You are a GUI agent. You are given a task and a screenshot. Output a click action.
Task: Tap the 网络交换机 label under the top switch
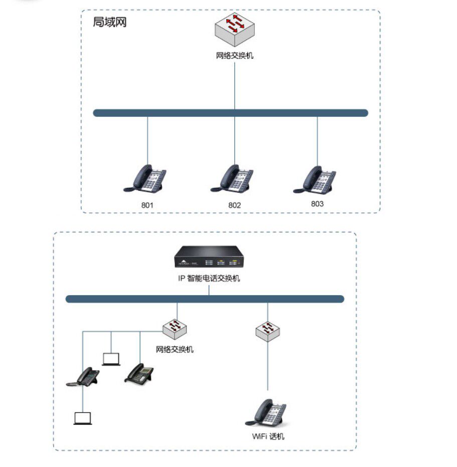[x=235, y=56]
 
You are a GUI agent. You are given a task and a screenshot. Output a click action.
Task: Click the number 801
[x=147, y=205]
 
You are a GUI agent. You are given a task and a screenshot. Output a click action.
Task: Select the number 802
[x=235, y=205]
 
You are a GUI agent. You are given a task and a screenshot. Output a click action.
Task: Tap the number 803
[x=317, y=204]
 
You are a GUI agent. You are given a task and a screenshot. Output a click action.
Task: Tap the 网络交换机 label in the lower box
[x=175, y=349]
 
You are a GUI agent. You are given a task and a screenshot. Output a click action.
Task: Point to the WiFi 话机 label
[x=268, y=436]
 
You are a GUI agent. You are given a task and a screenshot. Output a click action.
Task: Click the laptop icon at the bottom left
[x=83, y=418]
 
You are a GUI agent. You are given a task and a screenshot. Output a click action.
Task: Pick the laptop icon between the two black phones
[x=111, y=359]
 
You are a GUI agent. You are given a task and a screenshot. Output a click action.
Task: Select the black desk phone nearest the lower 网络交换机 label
[x=139, y=373]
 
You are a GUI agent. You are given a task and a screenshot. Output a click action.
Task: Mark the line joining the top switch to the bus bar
[x=235, y=85]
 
